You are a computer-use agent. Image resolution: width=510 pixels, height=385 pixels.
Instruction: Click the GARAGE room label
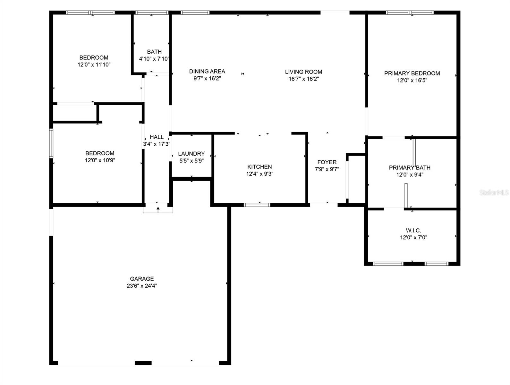[x=142, y=279]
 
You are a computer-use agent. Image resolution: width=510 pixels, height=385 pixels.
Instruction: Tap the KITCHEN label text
[x=259, y=167]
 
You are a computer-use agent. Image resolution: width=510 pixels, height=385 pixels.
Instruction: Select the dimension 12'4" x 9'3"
[x=259, y=174]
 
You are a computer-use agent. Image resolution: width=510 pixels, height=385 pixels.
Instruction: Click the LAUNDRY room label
[x=191, y=154]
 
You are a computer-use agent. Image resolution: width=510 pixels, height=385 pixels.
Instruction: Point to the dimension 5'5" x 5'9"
[x=191, y=161]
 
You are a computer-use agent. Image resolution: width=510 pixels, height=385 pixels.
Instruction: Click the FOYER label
[x=327, y=162]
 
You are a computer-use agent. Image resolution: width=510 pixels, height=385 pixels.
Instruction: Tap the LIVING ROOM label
[x=303, y=72]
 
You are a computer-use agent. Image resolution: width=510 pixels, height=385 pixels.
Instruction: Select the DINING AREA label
[x=207, y=71]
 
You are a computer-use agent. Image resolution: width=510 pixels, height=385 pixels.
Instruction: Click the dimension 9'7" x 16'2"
[x=207, y=79]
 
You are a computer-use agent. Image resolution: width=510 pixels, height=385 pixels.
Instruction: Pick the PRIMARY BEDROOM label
[x=412, y=73]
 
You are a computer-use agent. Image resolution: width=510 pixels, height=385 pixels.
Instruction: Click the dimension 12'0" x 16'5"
[x=412, y=81]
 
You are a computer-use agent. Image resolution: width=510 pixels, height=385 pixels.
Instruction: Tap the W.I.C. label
[x=413, y=230]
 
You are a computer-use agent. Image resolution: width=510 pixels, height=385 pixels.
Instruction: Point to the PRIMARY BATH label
[x=410, y=167]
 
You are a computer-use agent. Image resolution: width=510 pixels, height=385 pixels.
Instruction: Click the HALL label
[x=157, y=137]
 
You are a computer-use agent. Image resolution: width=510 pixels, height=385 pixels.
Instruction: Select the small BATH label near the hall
[x=154, y=52]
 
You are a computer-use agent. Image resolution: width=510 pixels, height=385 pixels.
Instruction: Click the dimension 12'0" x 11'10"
[x=94, y=64]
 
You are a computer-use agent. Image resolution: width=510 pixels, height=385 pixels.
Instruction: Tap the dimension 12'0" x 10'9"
[x=100, y=160]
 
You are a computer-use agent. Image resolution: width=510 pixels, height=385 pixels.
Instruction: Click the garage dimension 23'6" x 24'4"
[x=142, y=286]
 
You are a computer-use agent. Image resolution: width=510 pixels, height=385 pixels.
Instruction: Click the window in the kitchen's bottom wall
[x=257, y=205]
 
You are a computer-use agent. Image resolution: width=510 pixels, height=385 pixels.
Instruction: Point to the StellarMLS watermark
[x=494, y=193]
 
